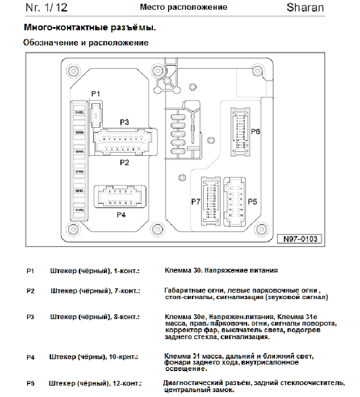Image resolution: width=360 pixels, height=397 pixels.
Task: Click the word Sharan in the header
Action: tap(305, 8)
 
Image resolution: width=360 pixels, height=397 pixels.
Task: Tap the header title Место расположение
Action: tap(184, 8)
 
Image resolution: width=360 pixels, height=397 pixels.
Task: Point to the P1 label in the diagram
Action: tap(96, 94)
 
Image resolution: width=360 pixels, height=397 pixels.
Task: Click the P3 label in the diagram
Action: tap(124, 122)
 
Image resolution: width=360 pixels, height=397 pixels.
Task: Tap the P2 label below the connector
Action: tap(124, 162)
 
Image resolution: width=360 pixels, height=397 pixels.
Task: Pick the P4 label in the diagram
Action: tap(121, 214)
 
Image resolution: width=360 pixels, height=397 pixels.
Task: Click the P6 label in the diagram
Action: tap(256, 131)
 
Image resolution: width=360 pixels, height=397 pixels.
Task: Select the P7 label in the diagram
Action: tap(195, 202)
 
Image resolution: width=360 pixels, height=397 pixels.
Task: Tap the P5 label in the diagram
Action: tap(252, 202)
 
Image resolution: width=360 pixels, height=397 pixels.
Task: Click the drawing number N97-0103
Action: tap(298, 239)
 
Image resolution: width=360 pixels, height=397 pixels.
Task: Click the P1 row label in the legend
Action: tap(30, 269)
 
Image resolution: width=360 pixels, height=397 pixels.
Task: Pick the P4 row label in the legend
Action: tap(30, 358)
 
